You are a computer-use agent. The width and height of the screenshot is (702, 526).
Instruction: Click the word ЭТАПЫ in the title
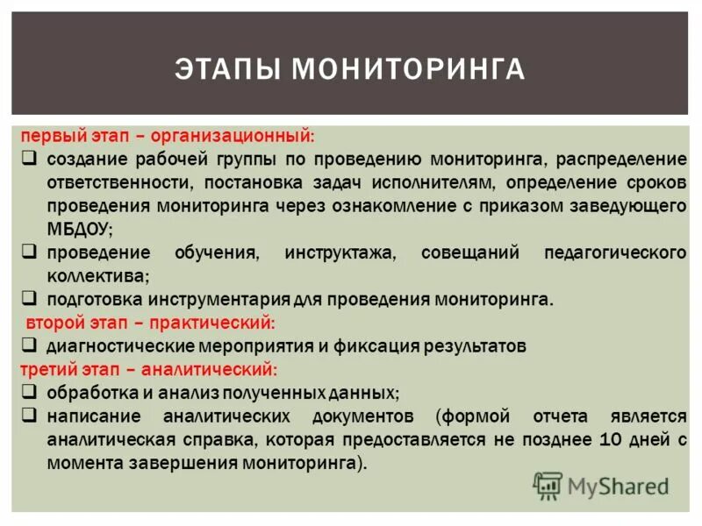229,68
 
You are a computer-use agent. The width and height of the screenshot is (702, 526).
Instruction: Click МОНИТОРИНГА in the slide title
408,68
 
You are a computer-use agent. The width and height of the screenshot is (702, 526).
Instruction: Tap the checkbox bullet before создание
29,160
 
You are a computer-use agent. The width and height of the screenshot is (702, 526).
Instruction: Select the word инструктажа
340,252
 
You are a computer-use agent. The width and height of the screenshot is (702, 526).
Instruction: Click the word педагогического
615,252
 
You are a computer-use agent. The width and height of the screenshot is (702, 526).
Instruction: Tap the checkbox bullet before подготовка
29,298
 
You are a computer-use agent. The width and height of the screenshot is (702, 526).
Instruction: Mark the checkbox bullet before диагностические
29,345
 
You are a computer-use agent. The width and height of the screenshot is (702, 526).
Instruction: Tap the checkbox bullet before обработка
29,391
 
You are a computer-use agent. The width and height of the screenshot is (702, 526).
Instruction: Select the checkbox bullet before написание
29,414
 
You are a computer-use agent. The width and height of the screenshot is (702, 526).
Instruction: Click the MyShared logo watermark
602,485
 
